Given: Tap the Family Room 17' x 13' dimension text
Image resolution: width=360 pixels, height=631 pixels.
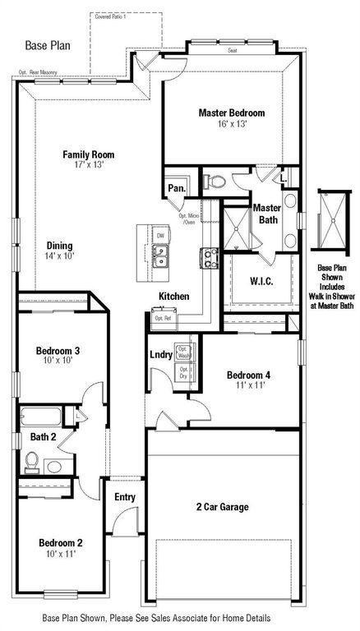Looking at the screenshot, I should point(90,165).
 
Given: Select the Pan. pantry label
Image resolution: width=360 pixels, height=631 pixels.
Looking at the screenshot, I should point(176,188).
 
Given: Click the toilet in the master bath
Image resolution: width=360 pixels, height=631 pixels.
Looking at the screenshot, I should point(210,181).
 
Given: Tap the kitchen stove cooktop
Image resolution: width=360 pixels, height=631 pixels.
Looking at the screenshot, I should point(208,259).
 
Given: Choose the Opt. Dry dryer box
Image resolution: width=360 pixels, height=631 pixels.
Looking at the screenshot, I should point(184,372).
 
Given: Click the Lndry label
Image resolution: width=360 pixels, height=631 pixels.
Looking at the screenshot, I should point(160,355).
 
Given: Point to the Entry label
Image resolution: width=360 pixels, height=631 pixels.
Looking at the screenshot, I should point(125,496).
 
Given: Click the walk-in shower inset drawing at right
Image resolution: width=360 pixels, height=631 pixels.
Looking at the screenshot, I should point(334,219).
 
